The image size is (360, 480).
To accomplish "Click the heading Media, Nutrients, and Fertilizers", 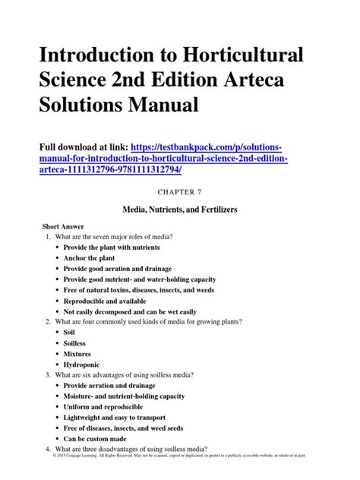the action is pos(179,207).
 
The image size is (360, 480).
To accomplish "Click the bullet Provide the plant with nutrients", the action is pos(118,248).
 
